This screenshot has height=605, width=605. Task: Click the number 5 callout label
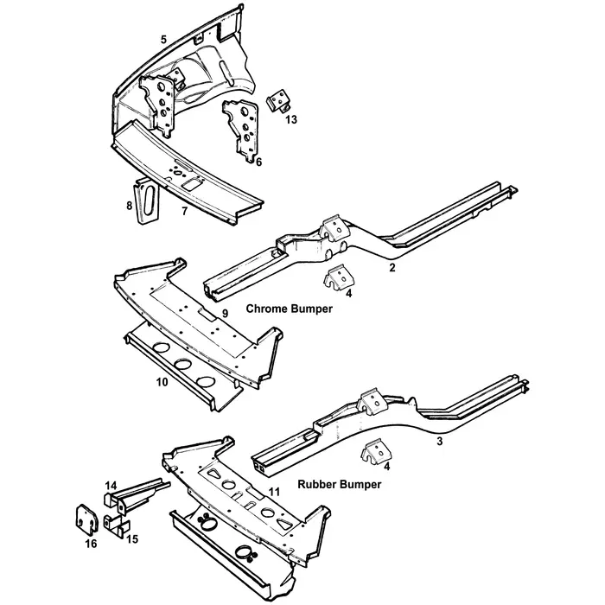tap(163, 40)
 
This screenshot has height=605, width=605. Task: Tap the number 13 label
tap(291, 120)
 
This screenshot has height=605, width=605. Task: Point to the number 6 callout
tap(258, 162)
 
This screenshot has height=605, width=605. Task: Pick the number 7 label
tap(183, 210)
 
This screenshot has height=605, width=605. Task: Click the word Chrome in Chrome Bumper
tap(266, 308)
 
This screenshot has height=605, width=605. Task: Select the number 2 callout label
tap(392, 269)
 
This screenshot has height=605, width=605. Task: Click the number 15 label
tap(132, 539)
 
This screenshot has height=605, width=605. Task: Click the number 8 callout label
tap(129, 206)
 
